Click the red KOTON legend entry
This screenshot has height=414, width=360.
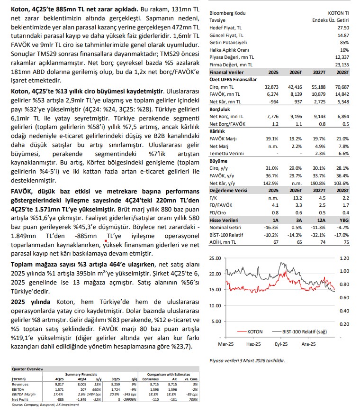click(x=251, y=331)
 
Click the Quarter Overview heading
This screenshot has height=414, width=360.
click(x=24, y=369)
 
